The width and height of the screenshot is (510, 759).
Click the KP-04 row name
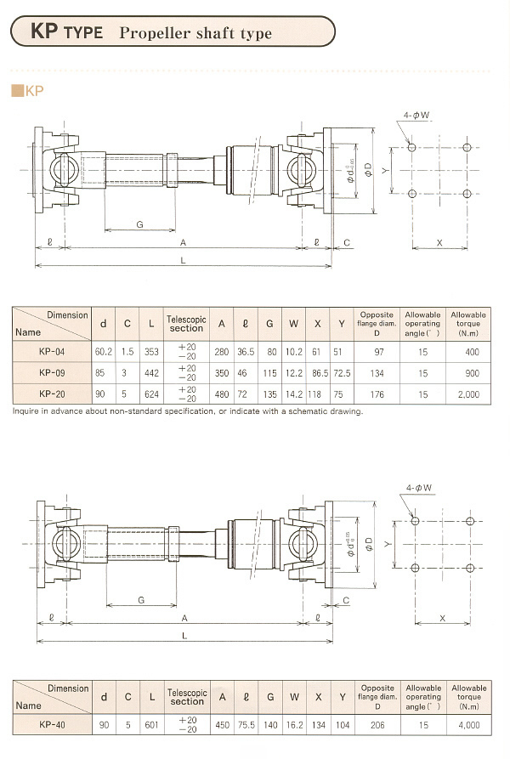pos(51,350)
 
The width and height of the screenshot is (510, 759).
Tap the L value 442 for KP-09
pos(152,372)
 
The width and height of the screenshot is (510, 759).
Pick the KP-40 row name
pos(52,725)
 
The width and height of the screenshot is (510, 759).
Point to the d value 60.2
pos(104,350)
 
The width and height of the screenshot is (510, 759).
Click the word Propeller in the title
pos(155,33)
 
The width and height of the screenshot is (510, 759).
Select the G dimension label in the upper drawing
pos(139,224)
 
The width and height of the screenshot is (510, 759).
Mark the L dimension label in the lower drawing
pos(184,635)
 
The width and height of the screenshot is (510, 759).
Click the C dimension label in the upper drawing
pos(346,243)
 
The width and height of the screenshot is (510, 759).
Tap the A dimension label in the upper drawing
pos(184,242)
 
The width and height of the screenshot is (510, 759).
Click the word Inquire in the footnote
pos(29,411)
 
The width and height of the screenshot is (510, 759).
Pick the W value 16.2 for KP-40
pos(294,725)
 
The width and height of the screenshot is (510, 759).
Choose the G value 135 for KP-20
pos(270,394)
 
